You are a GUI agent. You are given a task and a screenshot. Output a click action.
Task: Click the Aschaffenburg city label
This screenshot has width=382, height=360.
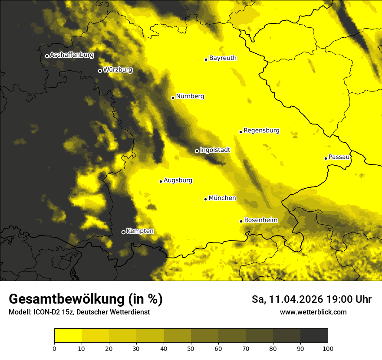[72, 55]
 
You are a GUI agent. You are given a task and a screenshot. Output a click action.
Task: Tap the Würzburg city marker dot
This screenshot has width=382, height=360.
[100, 71]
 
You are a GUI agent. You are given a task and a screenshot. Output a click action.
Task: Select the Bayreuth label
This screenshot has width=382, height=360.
[223, 58]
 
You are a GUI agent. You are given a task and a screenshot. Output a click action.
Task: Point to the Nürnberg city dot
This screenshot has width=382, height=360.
[173, 98]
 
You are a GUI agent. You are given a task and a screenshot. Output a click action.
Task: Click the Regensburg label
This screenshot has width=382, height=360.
[261, 131]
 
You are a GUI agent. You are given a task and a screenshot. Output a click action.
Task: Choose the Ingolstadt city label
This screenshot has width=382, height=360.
[215, 150]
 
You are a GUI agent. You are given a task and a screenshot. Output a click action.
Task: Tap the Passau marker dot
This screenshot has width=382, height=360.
[326, 158]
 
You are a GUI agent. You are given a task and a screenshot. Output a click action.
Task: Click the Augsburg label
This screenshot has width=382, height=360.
[178, 180]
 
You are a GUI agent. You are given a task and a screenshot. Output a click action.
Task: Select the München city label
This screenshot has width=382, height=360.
[222, 198]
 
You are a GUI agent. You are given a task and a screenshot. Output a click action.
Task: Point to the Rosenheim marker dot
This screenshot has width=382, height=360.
[241, 221]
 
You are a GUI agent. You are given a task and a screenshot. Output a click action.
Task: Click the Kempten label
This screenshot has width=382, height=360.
[140, 231]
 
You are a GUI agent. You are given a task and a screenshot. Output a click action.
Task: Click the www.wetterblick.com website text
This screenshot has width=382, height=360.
[313, 312]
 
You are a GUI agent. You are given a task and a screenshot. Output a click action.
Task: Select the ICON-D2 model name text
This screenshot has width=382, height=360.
[48, 312]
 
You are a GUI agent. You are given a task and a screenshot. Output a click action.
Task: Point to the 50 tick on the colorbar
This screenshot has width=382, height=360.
[191, 348]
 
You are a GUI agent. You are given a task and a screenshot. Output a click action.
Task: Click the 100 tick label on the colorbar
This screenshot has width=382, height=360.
[327, 348]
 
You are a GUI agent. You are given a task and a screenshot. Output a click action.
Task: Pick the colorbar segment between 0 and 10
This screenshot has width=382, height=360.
[68, 336]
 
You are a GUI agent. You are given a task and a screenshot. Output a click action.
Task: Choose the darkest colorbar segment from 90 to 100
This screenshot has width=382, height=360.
[314, 336]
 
